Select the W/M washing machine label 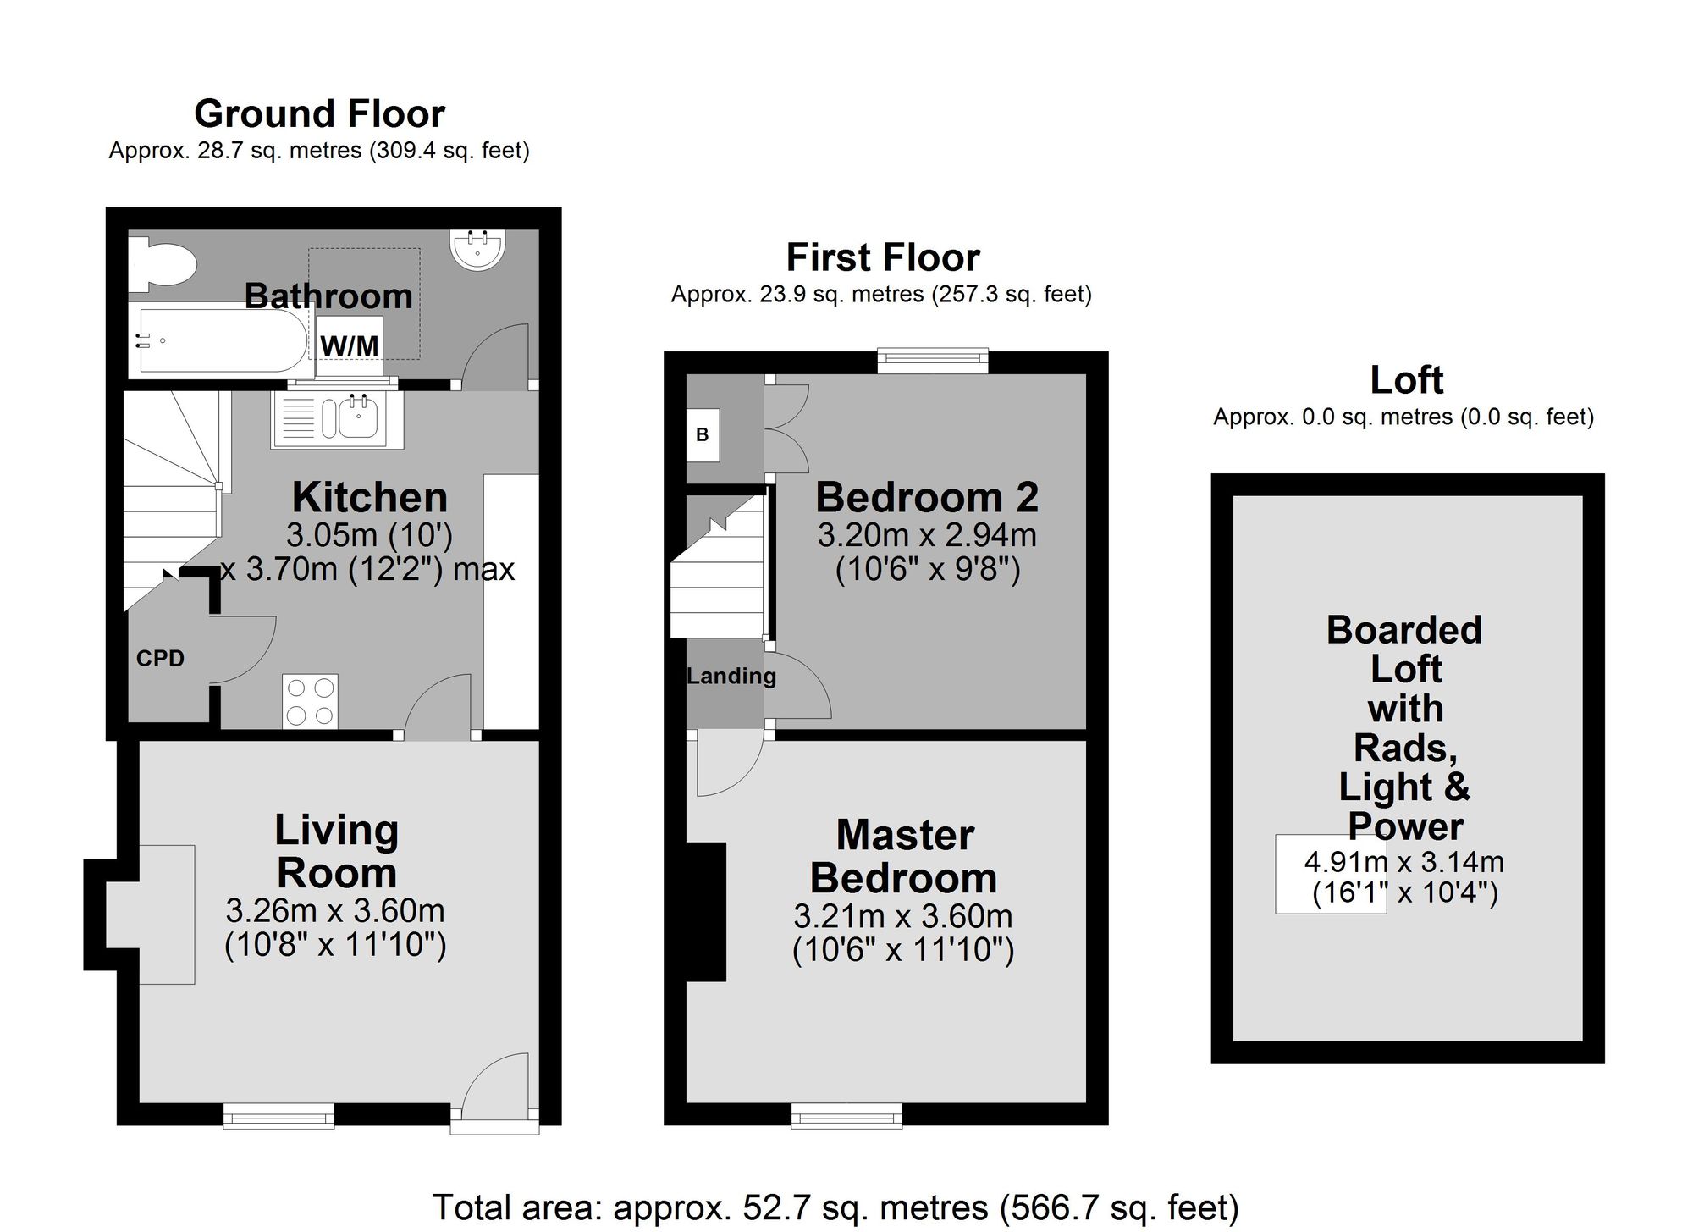click(x=350, y=345)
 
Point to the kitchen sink click(x=337, y=418)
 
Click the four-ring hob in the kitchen click(x=310, y=701)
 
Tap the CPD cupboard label click(x=160, y=658)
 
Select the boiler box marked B click(x=702, y=435)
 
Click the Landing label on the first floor click(x=731, y=676)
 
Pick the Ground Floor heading click(x=319, y=113)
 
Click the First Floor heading click(x=882, y=257)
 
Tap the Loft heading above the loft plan click(x=1406, y=379)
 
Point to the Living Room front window click(x=278, y=1115)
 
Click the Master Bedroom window click(x=846, y=1115)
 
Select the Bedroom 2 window click(x=933, y=360)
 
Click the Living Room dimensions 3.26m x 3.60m click(x=335, y=910)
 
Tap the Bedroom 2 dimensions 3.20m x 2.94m click(x=927, y=535)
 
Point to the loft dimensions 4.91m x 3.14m click(x=1404, y=862)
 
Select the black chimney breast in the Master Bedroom click(x=706, y=911)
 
